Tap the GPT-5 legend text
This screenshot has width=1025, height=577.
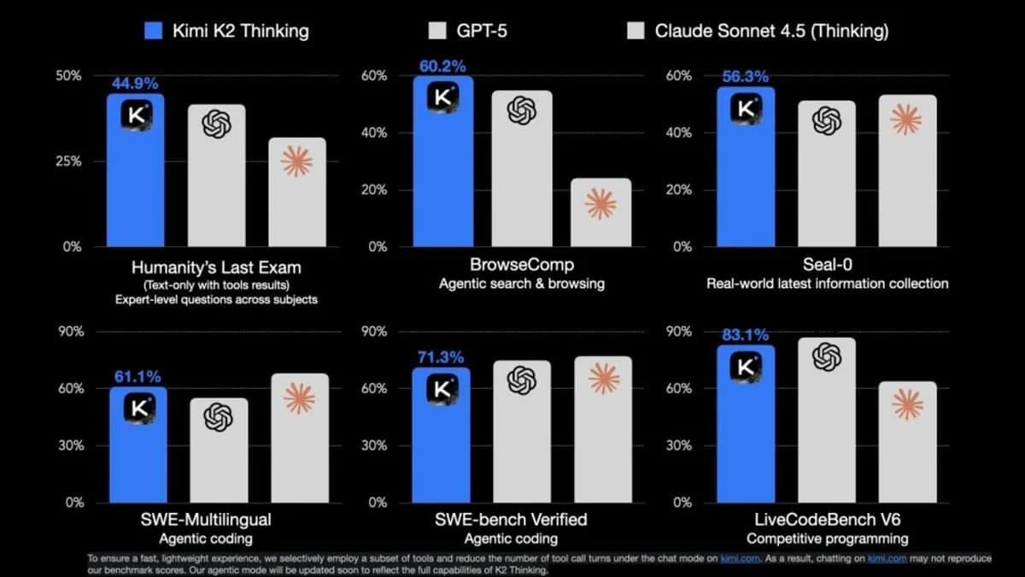click(x=480, y=32)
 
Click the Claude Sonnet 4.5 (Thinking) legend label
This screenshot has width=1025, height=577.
click(x=771, y=32)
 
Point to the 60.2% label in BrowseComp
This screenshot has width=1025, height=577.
click(x=442, y=66)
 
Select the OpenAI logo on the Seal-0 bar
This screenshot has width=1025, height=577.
click(x=826, y=121)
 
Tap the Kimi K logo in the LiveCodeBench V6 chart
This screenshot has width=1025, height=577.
click(x=746, y=366)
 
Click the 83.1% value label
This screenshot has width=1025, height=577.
click(x=746, y=335)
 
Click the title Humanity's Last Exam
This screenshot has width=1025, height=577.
click(x=215, y=267)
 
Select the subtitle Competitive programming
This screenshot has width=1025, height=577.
click(x=826, y=539)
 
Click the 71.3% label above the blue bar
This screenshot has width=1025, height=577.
click(x=441, y=357)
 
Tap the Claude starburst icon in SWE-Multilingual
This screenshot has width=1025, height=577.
click(x=299, y=398)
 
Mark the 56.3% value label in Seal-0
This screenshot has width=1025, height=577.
click(x=746, y=77)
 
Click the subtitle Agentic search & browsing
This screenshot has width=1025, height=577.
click(x=522, y=283)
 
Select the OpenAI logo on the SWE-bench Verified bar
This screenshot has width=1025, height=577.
click(x=521, y=380)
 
